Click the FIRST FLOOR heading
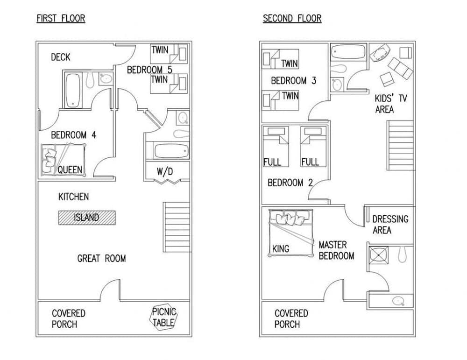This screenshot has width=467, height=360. pyautogui.click(x=61, y=19)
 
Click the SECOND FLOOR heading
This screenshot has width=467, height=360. pyautogui.click(x=292, y=19)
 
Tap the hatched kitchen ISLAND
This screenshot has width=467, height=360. pyautogui.click(x=87, y=218)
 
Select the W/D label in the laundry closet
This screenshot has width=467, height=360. pyautogui.click(x=165, y=171)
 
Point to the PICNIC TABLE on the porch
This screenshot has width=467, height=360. pyautogui.click(x=163, y=318)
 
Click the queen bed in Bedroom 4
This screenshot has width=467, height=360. pyautogui.click(x=63, y=160)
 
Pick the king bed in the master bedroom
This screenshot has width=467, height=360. pyautogui.click(x=291, y=233)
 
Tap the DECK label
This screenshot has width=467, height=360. pyautogui.click(x=61, y=57)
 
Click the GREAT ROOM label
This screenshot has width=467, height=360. pyautogui.click(x=101, y=259)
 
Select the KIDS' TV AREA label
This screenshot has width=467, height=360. pyautogui.click(x=390, y=104)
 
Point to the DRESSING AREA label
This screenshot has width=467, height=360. pyautogui.click(x=390, y=225)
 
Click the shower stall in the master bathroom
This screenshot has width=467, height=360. pyautogui.click(x=379, y=255)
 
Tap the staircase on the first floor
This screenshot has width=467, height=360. pyautogui.click(x=177, y=227)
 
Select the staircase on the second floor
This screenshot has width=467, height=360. pyautogui.click(x=400, y=145)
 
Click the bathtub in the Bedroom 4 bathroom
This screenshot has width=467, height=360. pyautogui.click(x=73, y=90)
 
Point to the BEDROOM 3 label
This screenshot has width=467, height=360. pyautogui.click(x=294, y=81)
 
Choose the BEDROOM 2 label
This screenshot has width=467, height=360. pyautogui.click(x=290, y=183)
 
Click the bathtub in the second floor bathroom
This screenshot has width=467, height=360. pyautogui.click(x=348, y=52)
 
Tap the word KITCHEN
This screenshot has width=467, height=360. pyautogui.click(x=74, y=197)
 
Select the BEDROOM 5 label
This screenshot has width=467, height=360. pyautogui.click(x=149, y=70)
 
